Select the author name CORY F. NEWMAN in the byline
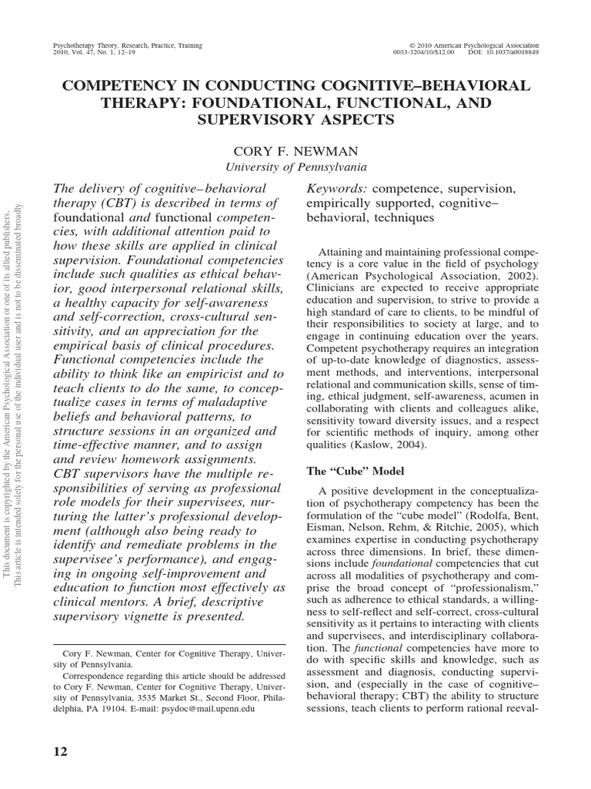click(x=294, y=150)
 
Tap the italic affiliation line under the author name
click(x=294, y=166)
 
